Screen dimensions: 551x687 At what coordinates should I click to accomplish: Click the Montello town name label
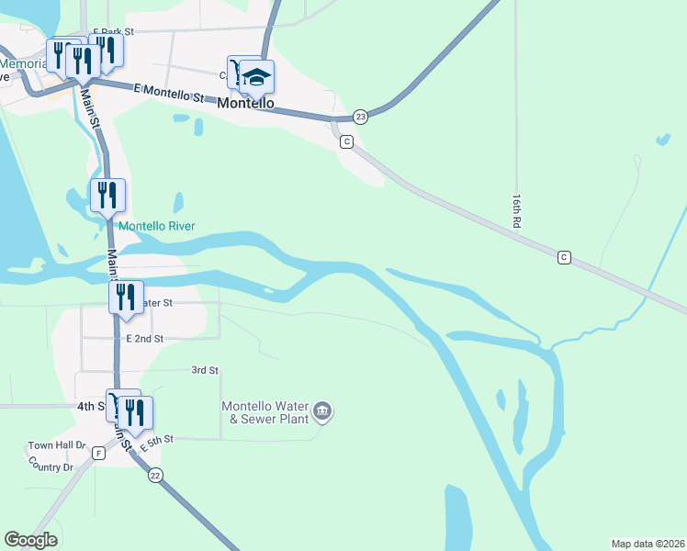245,104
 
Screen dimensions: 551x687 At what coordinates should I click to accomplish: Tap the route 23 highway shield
360,117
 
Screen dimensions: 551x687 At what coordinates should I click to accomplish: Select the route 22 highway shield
155,475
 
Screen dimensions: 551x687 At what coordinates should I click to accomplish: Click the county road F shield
98,453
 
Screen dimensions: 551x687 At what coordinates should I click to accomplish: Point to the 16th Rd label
517,210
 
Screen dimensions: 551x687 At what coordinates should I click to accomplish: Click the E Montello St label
168,93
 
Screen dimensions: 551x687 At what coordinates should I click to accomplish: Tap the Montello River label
156,226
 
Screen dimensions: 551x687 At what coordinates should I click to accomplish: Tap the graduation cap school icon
257,77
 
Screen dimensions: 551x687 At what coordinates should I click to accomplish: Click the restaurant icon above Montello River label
108,195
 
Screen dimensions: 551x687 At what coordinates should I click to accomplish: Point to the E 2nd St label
145,339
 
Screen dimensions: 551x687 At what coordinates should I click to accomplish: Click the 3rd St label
204,370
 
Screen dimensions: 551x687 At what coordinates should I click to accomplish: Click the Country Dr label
51,467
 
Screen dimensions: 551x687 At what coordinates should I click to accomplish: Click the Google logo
30,540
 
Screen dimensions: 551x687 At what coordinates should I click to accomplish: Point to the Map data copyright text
648,543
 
